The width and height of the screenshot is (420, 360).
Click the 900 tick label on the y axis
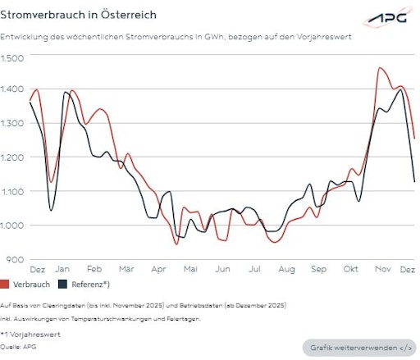tap(16, 259)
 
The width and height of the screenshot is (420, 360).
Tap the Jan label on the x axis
tap(62, 269)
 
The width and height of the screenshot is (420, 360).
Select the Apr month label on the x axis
tap(158, 269)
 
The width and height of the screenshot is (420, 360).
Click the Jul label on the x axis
tap(254, 269)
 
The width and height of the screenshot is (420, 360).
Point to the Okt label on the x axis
tap(350, 269)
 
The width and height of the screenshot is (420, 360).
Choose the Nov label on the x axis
tap(382, 269)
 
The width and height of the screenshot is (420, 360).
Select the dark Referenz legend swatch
tap(62, 285)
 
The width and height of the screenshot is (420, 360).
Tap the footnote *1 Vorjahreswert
tap(29, 335)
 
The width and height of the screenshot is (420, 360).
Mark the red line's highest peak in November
tap(380, 68)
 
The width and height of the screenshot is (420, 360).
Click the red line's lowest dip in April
tap(176, 244)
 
